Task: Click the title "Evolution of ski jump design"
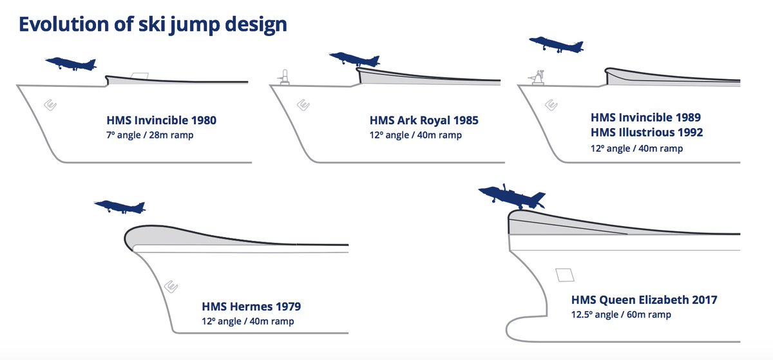tap(153, 25)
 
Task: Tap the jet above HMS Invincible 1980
tap(71, 64)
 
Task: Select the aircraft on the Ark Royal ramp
tap(354, 59)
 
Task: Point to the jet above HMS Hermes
tap(120, 207)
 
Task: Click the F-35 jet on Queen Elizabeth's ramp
tap(511, 196)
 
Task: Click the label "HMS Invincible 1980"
tap(161, 120)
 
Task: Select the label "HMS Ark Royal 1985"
tap(424, 120)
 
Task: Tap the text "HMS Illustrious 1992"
tap(647, 132)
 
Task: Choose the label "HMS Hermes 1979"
tap(251, 306)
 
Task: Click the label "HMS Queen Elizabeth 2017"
tap(644, 299)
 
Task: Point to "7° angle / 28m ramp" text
tap(149, 135)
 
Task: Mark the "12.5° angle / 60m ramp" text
tap(621, 314)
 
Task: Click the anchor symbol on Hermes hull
tap(171, 287)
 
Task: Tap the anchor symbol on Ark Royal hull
tap(303, 104)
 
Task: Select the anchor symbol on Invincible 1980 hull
tap(50, 104)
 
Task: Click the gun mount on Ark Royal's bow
tap(284, 77)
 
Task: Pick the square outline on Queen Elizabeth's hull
tap(565, 275)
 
